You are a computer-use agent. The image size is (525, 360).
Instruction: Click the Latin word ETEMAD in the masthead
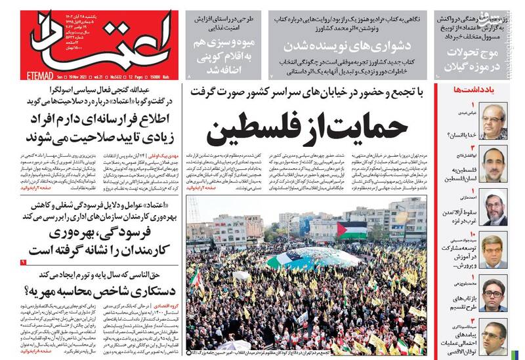[x=22, y=76]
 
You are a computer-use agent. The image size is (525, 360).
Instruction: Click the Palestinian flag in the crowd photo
[x=352, y=230]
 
